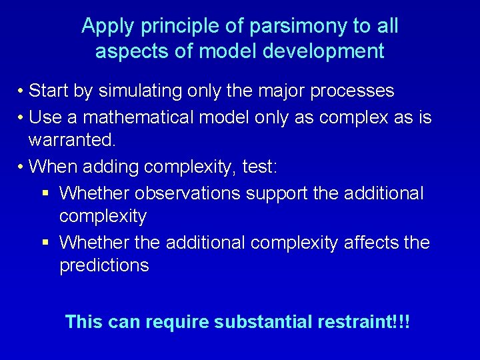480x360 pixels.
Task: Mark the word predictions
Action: (104, 265)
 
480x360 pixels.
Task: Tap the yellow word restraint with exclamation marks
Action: (364, 323)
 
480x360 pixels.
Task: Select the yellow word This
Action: (83, 323)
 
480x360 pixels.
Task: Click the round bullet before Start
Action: (22, 91)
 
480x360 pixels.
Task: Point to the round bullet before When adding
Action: (22, 167)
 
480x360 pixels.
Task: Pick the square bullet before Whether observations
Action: (45, 194)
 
